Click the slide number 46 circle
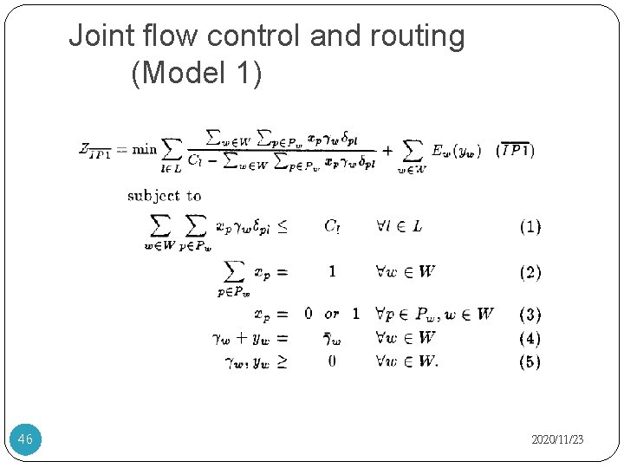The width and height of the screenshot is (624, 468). (x=25, y=439)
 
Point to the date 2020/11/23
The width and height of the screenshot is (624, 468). (x=557, y=440)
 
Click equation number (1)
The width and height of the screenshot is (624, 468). (x=530, y=227)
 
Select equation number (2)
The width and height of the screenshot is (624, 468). (x=530, y=272)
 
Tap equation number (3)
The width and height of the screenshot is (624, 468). (x=530, y=314)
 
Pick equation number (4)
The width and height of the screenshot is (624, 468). (x=530, y=338)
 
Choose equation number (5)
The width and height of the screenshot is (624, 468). (x=530, y=361)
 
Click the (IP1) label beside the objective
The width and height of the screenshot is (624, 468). (x=514, y=150)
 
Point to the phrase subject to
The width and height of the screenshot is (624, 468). (x=165, y=196)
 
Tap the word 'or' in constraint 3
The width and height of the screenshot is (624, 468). (x=332, y=314)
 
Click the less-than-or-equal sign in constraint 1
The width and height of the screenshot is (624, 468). (x=283, y=227)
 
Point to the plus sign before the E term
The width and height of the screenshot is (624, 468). (x=387, y=150)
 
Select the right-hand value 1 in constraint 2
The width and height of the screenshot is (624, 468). (x=332, y=272)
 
